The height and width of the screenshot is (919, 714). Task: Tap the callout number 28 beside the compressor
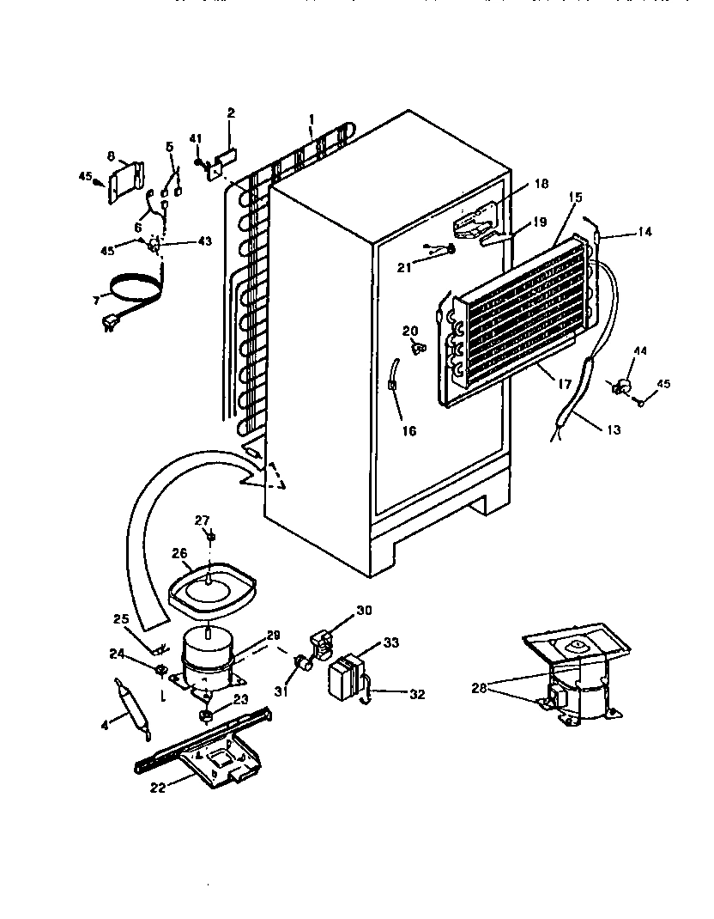[x=478, y=687]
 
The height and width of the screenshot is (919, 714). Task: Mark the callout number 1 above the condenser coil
[x=312, y=119]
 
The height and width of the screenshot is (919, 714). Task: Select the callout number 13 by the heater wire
[x=611, y=429]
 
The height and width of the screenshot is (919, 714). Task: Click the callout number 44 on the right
[x=639, y=350]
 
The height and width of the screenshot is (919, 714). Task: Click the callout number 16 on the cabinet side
[x=409, y=430]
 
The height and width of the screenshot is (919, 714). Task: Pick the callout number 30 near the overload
[x=364, y=612]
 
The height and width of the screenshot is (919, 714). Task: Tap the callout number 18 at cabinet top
[x=540, y=184]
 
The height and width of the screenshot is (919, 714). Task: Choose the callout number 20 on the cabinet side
[x=410, y=331]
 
